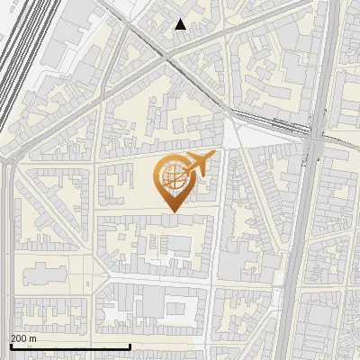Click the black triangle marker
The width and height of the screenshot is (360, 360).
tap(181, 24)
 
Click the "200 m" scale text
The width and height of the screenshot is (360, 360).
tap(23, 338)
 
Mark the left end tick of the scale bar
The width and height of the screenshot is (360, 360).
tap(10, 346)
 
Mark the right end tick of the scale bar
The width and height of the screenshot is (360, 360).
tap(130, 346)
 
